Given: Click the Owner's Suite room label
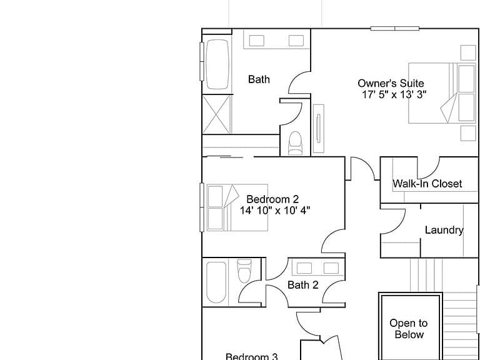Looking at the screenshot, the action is pyautogui.click(x=391, y=83).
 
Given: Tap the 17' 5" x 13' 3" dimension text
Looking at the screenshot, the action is pyautogui.click(x=394, y=94).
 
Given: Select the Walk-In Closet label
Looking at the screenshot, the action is pyautogui.click(x=427, y=184).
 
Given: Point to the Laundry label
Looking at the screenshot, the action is pyautogui.click(x=444, y=230).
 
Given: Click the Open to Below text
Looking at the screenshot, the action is pyautogui.click(x=409, y=329).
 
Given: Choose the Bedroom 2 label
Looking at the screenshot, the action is pyautogui.click(x=272, y=199).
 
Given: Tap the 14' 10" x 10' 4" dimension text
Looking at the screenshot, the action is pyautogui.click(x=275, y=211).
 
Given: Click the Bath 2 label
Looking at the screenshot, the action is pyautogui.click(x=303, y=285).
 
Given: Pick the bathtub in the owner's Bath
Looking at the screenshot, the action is pyautogui.click(x=217, y=64).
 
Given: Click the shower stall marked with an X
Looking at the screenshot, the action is pyautogui.click(x=217, y=114).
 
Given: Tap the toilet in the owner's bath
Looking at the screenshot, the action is pyautogui.click(x=295, y=143).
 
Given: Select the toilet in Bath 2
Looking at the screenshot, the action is pyautogui.click(x=244, y=271).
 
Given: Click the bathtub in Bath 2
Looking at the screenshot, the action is pyautogui.click(x=216, y=282).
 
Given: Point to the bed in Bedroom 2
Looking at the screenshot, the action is pyautogui.click(x=237, y=207).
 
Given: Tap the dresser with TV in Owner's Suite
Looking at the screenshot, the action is pyautogui.click(x=318, y=129).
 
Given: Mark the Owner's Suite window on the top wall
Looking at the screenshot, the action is pyautogui.click(x=394, y=29).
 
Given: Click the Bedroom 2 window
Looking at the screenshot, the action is pyautogui.click(x=202, y=207).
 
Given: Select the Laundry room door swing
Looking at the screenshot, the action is pyautogui.click(x=393, y=221).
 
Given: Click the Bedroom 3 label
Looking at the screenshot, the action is pyautogui.click(x=252, y=357).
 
